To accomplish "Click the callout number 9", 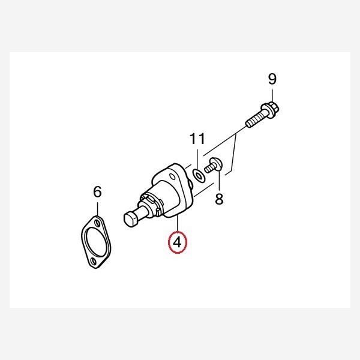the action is tap(272, 79).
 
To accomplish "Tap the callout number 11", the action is tap(197, 139).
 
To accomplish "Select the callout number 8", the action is tap(219, 199).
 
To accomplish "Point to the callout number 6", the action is tap(97, 192).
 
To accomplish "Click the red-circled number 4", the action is tap(178, 242).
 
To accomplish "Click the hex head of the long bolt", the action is tap(271, 110).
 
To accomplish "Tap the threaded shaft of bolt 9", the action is tap(254, 119).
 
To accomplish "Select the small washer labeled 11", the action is tap(199, 176).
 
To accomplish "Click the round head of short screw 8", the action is tap(216, 164).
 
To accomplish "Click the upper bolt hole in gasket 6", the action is tap(98, 223).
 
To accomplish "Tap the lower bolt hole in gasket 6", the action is tap(93, 262).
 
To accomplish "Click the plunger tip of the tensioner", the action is tap(130, 220).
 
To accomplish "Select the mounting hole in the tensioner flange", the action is tap(172, 177).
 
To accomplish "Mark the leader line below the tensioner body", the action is tap(178, 224).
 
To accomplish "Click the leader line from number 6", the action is tap(98, 208).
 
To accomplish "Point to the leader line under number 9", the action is tap(272, 96).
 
